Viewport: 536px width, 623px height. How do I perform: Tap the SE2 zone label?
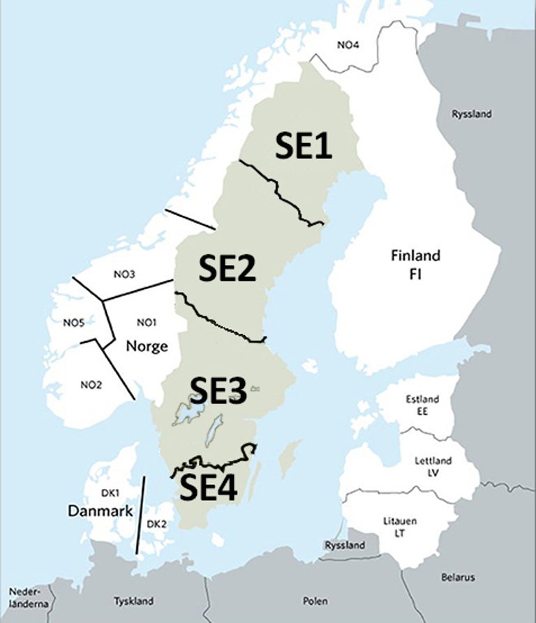coord(228,268)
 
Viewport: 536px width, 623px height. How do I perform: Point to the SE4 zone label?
coord(209,488)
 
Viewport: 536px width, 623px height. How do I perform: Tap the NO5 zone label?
coord(73,323)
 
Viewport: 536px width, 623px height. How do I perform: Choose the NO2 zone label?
coord(91,384)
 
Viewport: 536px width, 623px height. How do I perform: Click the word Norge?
coord(147,346)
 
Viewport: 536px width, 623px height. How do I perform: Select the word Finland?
coord(415,255)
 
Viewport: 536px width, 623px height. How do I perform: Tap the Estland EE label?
coord(422,405)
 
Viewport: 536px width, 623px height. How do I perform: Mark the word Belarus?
coord(458,578)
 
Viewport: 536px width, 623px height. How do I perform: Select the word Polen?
coord(315,601)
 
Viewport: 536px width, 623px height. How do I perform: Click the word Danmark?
coord(100,511)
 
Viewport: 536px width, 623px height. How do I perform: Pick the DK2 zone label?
coord(156,524)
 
